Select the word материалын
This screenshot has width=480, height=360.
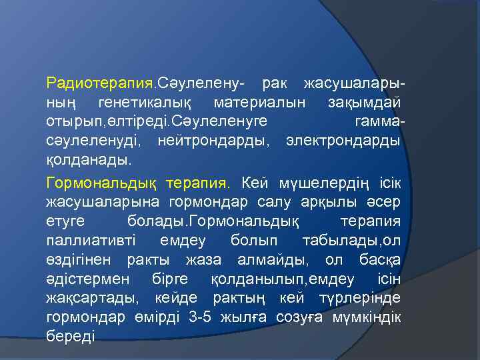point(260,103)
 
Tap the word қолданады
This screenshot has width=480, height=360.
point(89,161)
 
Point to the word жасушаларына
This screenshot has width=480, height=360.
point(99,201)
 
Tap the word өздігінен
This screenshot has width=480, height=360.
point(79,259)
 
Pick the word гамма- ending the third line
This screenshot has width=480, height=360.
point(377,122)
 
